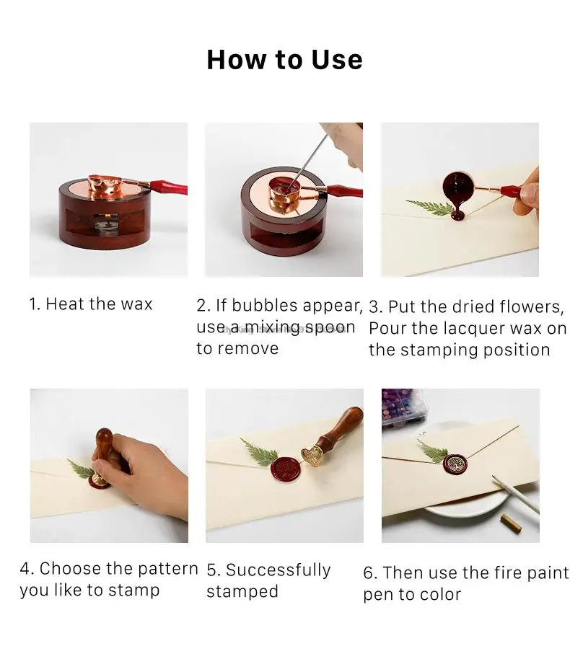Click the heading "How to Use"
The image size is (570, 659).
pyautogui.click(x=285, y=60)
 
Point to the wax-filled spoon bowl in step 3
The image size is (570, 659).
pyautogui.click(x=456, y=184)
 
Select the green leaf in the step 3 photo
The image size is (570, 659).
pyautogui.click(x=430, y=207)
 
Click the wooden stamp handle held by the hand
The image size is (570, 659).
pyautogui.click(x=103, y=450)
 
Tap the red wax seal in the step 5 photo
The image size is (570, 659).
pyautogui.click(x=285, y=469)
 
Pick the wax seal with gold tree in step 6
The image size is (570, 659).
pyautogui.click(x=455, y=464)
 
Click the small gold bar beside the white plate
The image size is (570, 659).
pyautogui.click(x=511, y=523)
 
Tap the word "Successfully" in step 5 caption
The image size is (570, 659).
pyautogui.click(x=278, y=570)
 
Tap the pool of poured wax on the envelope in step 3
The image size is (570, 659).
pyautogui.click(x=457, y=216)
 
